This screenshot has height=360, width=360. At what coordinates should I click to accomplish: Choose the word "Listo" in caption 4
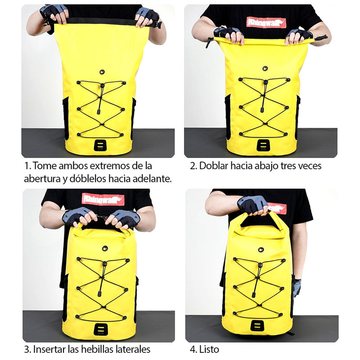pos(209,350)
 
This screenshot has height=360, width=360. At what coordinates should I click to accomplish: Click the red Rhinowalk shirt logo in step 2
pos(266,22)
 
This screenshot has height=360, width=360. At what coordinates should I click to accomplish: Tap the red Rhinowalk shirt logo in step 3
pos(103,199)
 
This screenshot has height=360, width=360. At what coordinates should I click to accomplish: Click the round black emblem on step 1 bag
pos(102,72)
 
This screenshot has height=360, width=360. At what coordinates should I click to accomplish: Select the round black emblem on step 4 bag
pos(261,250)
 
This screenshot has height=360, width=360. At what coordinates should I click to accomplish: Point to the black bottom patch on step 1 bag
pos(100,145)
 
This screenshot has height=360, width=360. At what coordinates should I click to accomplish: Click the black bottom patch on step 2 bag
pos(263,145)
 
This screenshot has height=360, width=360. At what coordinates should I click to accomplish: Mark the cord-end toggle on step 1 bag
pos(99,112)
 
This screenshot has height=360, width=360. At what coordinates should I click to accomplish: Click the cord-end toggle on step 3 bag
pos(99,294)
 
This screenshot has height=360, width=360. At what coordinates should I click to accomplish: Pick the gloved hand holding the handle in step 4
pos(252,206)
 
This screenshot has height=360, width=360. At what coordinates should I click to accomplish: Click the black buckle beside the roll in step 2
pos(321,37)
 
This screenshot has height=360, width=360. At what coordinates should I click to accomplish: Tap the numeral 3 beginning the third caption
pos(27,350)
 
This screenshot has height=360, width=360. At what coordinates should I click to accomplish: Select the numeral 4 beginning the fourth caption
pos(193,350)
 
